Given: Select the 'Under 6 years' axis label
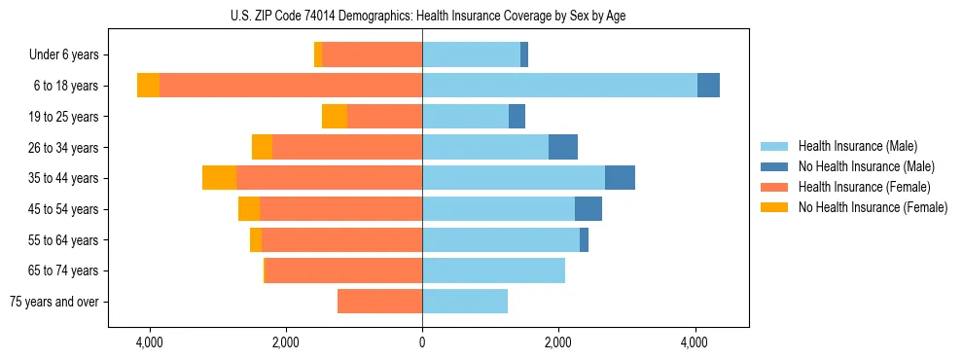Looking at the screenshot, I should [x=69, y=55].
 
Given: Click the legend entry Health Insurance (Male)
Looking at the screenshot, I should [x=857, y=146].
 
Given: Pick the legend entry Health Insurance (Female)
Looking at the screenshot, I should [x=863, y=187].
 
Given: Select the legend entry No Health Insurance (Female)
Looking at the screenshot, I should [x=872, y=207].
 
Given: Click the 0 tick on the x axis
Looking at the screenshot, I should [x=422, y=343].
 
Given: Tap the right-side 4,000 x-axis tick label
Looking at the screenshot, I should [x=695, y=343].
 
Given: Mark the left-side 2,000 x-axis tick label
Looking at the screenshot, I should [x=286, y=343].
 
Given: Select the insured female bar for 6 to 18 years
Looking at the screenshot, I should [x=291, y=86].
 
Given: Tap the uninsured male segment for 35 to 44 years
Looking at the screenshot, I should [x=620, y=178].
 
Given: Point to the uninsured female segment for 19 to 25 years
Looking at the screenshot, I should [x=335, y=117].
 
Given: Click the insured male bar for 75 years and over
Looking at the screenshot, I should [x=465, y=302].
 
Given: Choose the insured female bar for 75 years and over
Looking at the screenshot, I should [x=379, y=302].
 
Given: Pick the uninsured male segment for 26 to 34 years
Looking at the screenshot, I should [x=563, y=147].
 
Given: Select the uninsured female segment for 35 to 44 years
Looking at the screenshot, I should [x=219, y=178].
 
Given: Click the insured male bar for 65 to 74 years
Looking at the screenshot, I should [x=493, y=270].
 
